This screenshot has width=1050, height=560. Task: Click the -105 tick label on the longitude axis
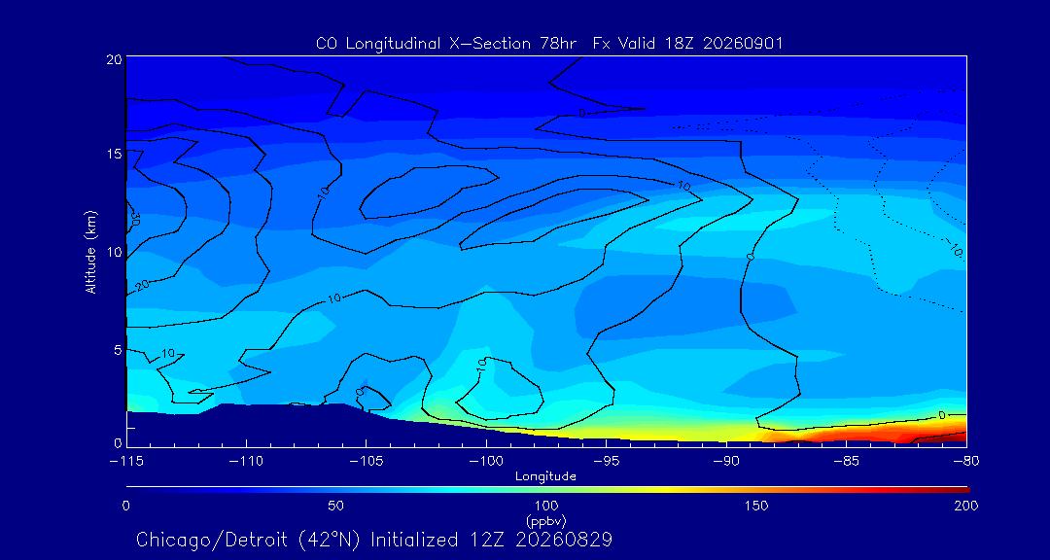coord(366,462)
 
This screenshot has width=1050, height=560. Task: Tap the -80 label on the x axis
coord(966,462)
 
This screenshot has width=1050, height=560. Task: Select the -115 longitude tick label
coord(125,462)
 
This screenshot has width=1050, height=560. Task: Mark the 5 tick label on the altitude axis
coord(118,350)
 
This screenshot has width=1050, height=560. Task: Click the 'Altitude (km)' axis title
coord(90,251)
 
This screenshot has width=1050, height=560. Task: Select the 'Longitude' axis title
coord(545,477)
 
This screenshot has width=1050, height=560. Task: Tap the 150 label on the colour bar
coord(756,506)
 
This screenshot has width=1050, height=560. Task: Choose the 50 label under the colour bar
coord(335,506)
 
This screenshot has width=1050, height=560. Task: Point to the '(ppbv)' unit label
coord(545,520)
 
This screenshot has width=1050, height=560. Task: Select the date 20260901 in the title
coord(743,44)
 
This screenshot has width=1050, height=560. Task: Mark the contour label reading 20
coord(141,286)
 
